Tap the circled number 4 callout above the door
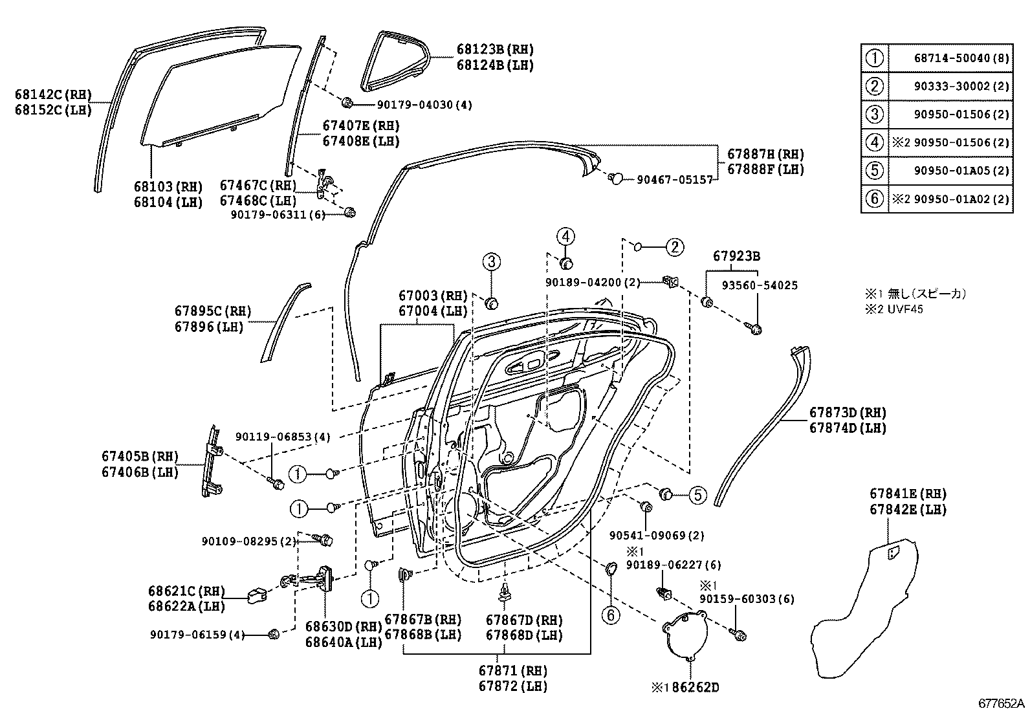[x=565, y=237]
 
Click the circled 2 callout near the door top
[x=675, y=246]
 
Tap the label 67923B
[x=736, y=256]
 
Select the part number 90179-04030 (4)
[x=424, y=105]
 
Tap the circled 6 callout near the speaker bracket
[x=611, y=614]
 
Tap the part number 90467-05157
[x=674, y=179]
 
